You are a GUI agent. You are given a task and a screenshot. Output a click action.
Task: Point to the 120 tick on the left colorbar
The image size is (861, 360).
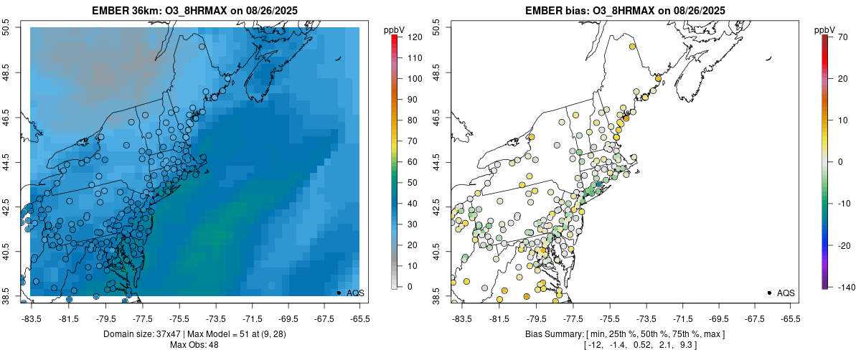click(415, 37)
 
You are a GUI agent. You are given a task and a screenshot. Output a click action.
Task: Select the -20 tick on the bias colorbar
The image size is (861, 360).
click(844, 245)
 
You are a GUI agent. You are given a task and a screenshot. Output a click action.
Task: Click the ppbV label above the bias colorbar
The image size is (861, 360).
click(825, 29)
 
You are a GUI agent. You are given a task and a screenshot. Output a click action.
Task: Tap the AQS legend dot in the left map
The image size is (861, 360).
click(339, 293)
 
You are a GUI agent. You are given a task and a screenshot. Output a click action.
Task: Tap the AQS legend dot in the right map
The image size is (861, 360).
click(769, 293)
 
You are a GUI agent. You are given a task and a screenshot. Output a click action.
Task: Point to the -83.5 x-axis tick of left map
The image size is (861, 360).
click(31, 318)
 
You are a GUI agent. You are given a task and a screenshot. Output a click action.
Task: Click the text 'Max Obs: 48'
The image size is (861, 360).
click(194, 346)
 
